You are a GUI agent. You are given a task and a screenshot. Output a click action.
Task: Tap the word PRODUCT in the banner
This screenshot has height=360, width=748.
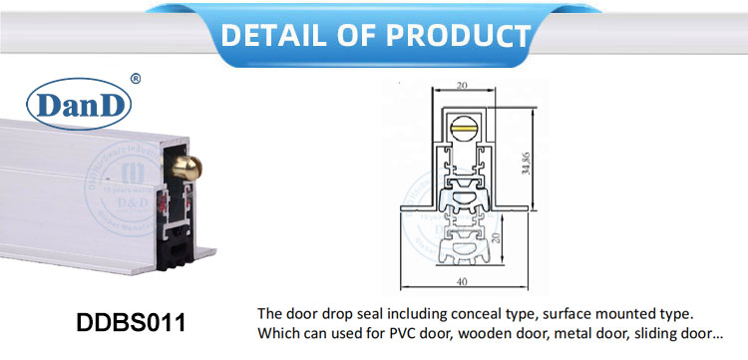(x=454, y=36)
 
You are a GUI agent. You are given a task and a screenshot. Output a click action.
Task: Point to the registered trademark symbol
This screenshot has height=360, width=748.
(x=136, y=78)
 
